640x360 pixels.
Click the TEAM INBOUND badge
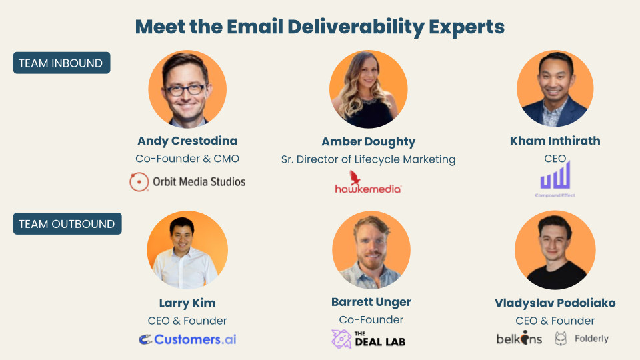(61, 63)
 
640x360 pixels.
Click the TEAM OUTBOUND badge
(67, 224)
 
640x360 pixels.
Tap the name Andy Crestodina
(187, 141)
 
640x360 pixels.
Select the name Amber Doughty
(369, 141)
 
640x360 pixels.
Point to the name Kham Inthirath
(555, 141)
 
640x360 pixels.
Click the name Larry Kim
(187, 303)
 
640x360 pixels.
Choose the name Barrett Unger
(371, 302)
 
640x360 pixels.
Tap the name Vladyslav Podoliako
(555, 303)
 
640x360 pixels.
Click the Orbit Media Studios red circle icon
(139, 181)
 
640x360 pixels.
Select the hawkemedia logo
(368, 182)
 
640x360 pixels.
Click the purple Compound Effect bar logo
(555, 175)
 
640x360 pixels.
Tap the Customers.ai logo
(187, 339)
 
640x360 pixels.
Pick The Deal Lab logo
(369, 339)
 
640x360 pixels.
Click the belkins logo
(519, 338)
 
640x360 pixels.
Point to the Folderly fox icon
(561, 339)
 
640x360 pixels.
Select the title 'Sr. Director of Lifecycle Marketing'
(369, 159)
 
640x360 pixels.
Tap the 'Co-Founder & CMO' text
(187, 159)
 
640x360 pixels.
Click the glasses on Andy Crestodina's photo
(185, 89)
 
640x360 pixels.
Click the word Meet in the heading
(159, 27)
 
